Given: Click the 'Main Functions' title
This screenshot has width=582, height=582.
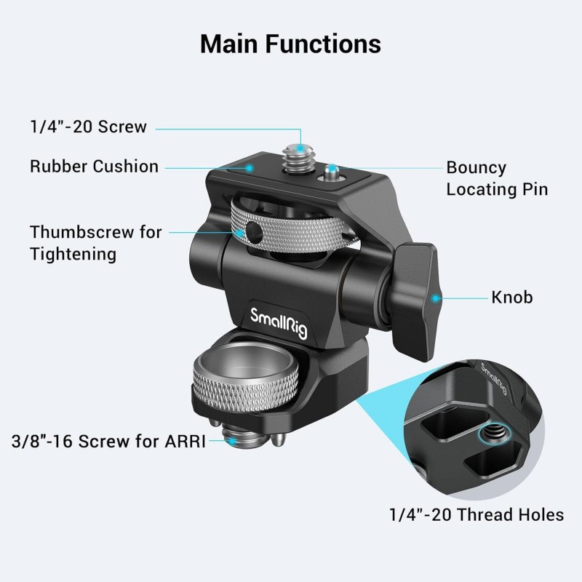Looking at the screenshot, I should pos(290,44).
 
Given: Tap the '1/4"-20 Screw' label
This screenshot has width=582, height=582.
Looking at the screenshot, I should pos(88,127).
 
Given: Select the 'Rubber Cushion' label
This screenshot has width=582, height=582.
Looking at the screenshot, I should pos(94,166).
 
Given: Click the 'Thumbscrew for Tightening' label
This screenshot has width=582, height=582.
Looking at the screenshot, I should pos(96,243).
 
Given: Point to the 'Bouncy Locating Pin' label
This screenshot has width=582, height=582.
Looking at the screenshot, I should pos(497,178).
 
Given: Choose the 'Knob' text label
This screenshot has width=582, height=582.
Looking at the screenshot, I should pos(512,297).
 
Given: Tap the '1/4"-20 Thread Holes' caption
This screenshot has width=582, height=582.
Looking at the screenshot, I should pos(476,515).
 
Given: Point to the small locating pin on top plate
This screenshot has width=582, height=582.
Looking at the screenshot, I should pos(332,173).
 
